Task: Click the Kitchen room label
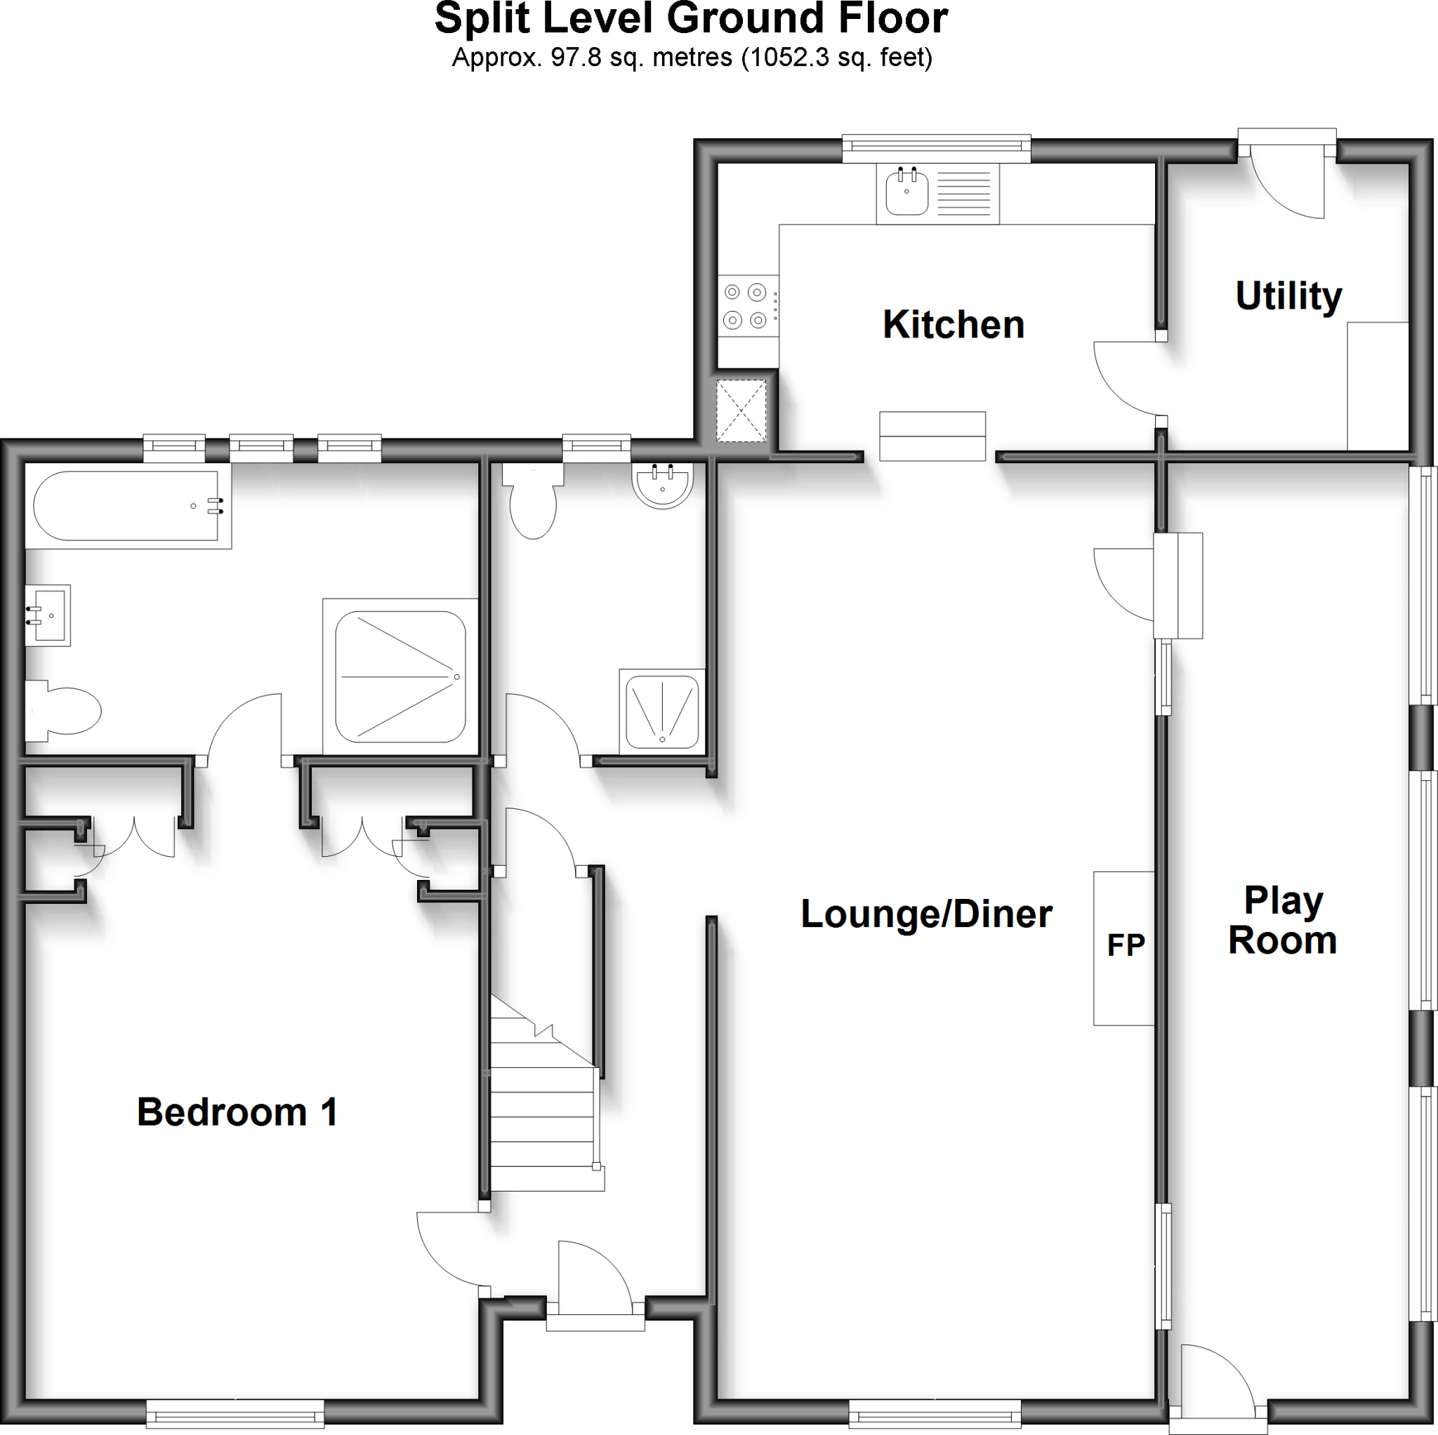click(x=954, y=325)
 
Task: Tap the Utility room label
click(x=1288, y=296)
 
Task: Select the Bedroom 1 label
click(x=237, y=1112)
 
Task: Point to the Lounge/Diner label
click(x=926, y=914)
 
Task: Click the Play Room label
click(x=1282, y=920)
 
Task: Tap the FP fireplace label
click(x=1126, y=945)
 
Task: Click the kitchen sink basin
click(x=906, y=194)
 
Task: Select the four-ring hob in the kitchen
click(x=746, y=306)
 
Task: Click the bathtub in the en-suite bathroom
click(x=126, y=506)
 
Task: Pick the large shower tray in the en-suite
click(x=400, y=676)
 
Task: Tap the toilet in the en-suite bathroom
click(x=62, y=711)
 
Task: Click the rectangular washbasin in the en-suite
click(x=48, y=615)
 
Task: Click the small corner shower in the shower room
click(x=661, y=710)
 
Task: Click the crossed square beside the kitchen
click(x=741, y=410)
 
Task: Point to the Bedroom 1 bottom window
click(x=235, y=1413)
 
